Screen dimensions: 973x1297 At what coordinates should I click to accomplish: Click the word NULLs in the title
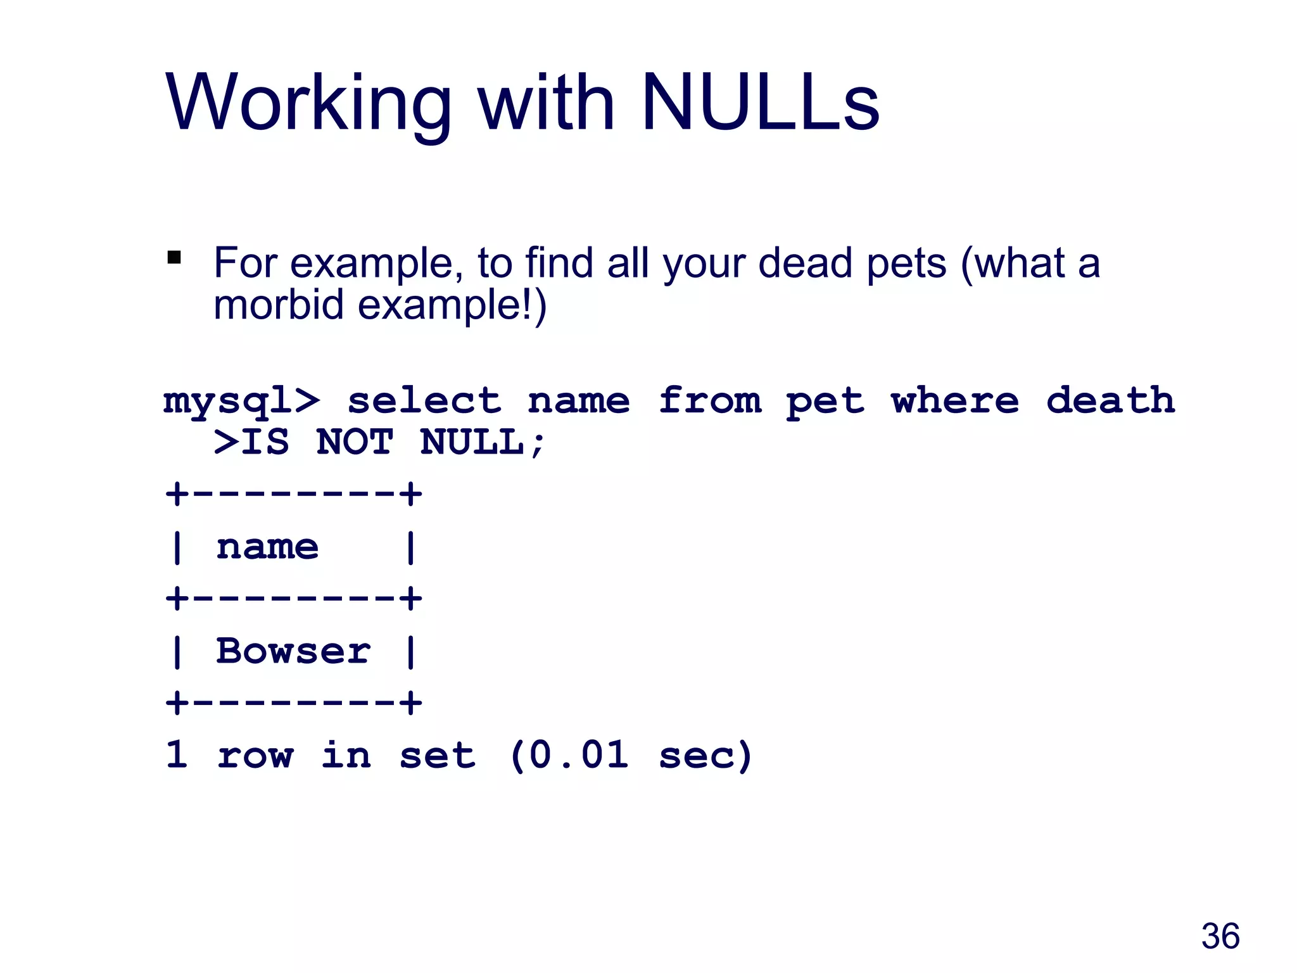tap(760, 103)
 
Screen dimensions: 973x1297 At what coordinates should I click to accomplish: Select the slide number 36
tap(1220, 936)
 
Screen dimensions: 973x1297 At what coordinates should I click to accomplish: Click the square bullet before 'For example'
tap(174, 258)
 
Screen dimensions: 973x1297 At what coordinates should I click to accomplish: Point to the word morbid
tap(280, 305)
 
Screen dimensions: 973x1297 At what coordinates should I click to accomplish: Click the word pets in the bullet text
tap(906, 263)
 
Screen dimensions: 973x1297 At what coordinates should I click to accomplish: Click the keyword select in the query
tap(424, 401)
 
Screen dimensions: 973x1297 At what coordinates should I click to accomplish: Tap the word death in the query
tap(1110, 401)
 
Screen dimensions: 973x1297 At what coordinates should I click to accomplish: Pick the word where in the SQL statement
tap(955, 401)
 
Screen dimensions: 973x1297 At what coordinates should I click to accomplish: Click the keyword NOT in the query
tap(355, 442)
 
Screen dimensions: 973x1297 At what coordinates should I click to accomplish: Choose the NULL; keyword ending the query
tap(481, 442)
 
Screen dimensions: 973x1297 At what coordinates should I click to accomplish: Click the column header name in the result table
tap(267, 547)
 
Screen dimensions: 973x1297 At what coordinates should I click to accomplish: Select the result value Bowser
tap(293, 651)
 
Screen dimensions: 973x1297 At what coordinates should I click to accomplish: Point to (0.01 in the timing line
tap(569, 755)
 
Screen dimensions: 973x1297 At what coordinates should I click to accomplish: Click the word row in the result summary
tap(255, 756)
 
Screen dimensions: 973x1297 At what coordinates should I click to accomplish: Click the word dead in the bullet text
tap(804, 263)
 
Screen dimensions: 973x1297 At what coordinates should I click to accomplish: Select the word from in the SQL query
tap(709, 401)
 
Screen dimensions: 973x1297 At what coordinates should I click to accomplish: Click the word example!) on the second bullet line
tap(452, 305)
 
